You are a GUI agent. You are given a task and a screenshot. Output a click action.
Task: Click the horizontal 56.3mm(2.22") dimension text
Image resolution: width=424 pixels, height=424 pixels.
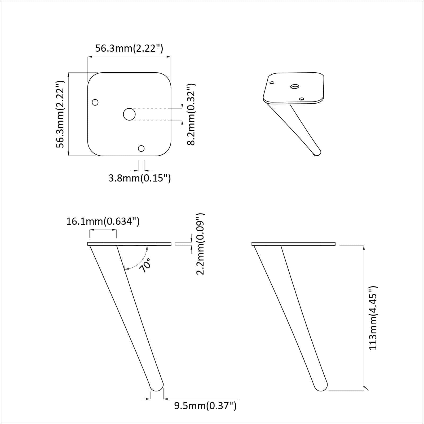pos(129,48)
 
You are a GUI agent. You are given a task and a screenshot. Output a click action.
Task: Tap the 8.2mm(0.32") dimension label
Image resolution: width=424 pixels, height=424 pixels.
pos(191,114)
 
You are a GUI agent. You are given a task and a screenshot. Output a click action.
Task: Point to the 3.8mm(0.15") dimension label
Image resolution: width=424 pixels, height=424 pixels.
pos(140,178)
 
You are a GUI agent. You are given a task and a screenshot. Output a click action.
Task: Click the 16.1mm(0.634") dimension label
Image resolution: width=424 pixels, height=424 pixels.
pos(103,221)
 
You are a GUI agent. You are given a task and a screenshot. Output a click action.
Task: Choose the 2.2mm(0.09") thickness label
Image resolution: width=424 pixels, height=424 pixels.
pos(200,244)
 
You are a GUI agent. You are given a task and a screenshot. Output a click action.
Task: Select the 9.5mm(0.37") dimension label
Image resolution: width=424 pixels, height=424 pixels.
pos(205,405)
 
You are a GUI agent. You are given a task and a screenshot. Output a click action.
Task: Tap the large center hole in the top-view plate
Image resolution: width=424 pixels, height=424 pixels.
pos(129,114)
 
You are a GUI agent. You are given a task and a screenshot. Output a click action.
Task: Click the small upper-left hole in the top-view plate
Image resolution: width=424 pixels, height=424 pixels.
pos(95,102)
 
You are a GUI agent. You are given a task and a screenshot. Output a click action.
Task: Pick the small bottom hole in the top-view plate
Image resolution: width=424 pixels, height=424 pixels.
pos(141,148)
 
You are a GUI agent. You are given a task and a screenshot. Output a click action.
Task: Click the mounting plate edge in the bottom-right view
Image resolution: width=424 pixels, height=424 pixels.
pos(293,244)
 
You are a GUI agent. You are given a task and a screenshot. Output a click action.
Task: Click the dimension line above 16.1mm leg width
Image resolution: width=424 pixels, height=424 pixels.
pos(103,230)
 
